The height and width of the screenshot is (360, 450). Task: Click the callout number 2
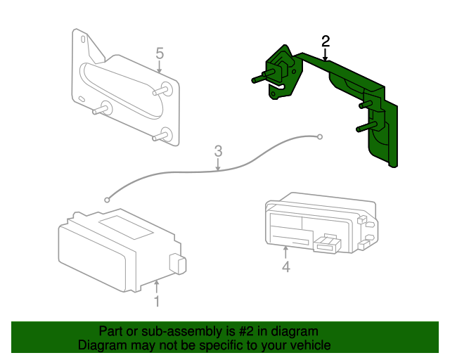(x=326, y=41)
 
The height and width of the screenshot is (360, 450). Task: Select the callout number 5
(x=160, y=53)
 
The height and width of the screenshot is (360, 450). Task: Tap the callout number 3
(x=219, y=151)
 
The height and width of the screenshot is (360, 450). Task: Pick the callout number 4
(x=286, y=267)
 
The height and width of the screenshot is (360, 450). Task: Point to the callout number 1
(x=157, y=302)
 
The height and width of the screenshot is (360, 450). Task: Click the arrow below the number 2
(x=325, y=55)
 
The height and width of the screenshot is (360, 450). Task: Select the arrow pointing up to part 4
(x=285, y=252)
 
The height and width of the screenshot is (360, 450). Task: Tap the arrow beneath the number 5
(x=160, y=67)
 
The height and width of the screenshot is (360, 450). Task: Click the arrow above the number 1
(x=156, y=287)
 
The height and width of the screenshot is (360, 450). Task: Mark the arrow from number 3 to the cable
(x=218, y=165)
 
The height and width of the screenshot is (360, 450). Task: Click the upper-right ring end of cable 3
(x=320, y=137)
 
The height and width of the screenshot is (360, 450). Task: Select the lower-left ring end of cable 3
(x=107, y=200)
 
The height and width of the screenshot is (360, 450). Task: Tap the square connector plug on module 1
(x=178, y=264)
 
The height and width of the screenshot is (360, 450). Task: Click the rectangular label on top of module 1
(x=126, y=227)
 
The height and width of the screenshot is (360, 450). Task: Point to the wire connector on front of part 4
(x=327, y=244)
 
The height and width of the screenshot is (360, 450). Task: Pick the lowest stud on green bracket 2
(x=366, y=127)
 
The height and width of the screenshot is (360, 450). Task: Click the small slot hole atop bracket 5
(x=83, y=39)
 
